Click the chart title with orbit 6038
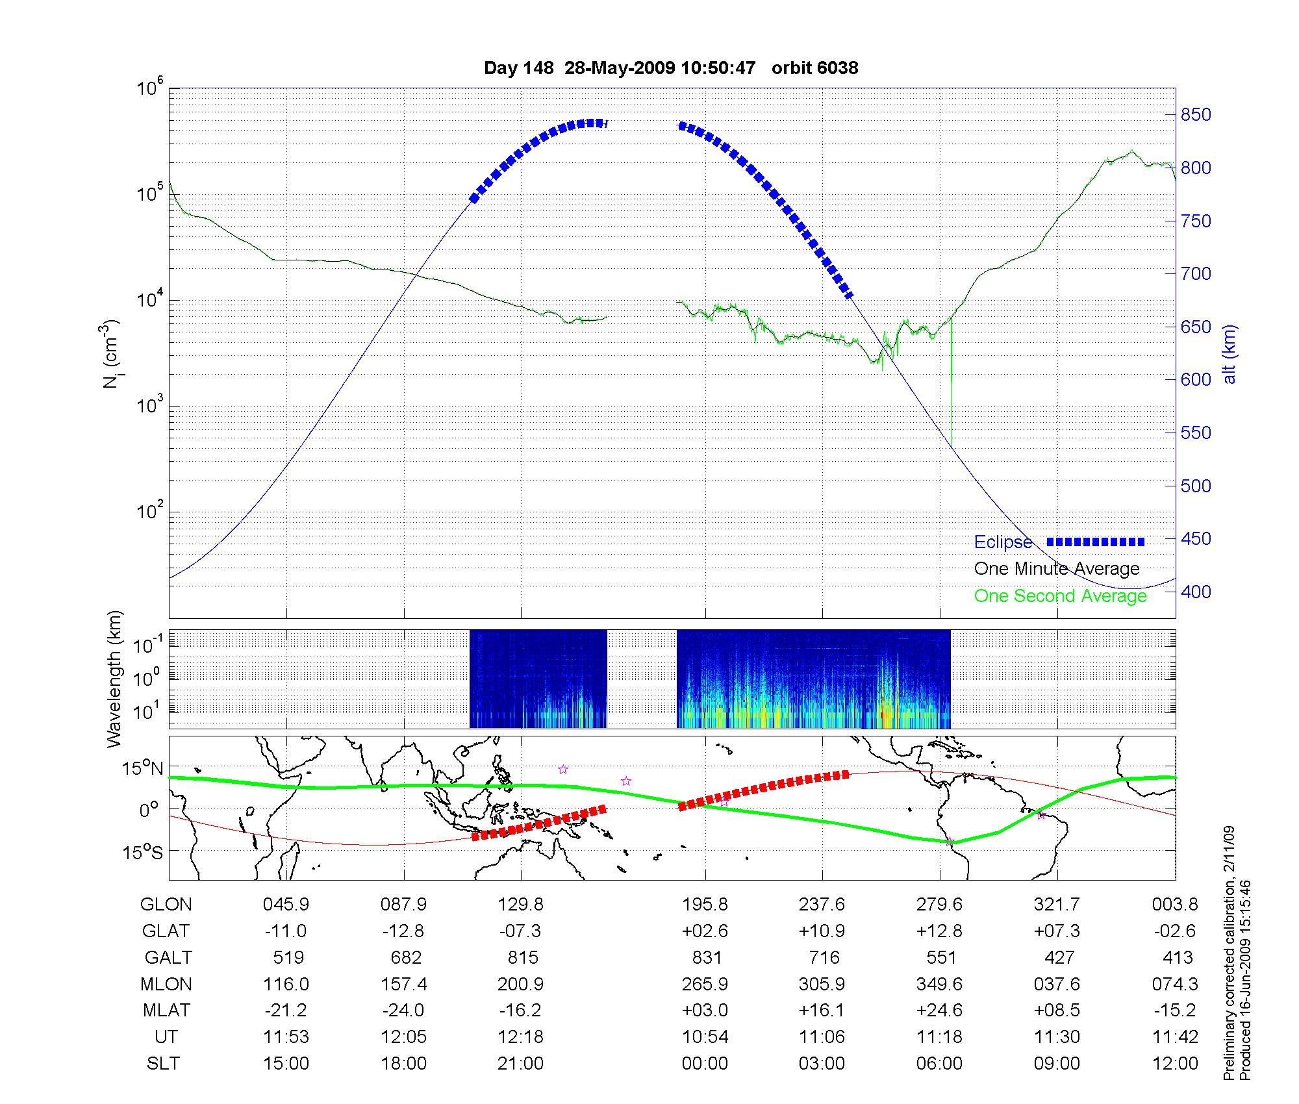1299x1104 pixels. (x=671, y=68)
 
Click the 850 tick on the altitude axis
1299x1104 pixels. (x=1195, y=115)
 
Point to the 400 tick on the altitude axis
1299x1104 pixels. (x=1195, y=592)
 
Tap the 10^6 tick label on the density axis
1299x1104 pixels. (x=150, y=88)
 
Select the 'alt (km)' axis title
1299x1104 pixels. (x=1230, y=354)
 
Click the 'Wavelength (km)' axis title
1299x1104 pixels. (x=114, y=679)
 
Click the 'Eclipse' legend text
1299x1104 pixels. (x=1003, y=542)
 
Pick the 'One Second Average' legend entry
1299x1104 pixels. (x=1060, y=596)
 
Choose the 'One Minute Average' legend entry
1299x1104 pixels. (x=1057, y=569)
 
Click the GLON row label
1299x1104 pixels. (x=166, y=904)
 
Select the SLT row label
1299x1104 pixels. (x=163, y=1063)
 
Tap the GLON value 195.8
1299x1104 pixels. (x=705, y=904)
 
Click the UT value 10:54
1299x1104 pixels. (x=705, y=1036)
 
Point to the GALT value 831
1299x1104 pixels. (x=707, y=957)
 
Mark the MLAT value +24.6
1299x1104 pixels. (x=939, y=1010)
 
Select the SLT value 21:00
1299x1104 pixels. (x=520, y=1063)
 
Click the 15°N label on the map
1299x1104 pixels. (x=142, y=769)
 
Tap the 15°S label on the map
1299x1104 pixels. (x=144, y=851)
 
